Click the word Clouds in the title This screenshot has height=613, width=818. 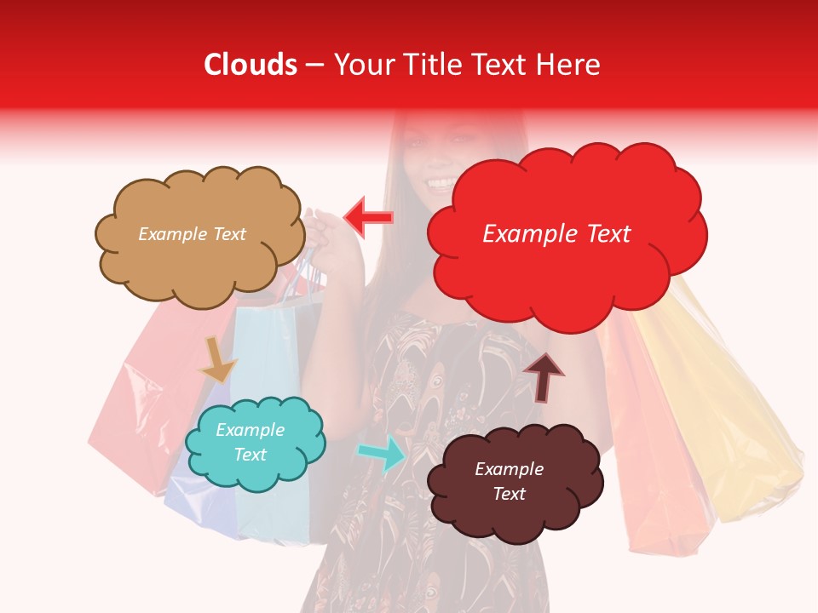(x=251, y=65)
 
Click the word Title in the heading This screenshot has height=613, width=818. (x=429, y=65)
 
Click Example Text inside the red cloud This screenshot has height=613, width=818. (x=556, y=234)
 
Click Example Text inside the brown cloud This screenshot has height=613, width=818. (x=192, y=234)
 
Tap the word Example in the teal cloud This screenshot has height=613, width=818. (x=250, y=430)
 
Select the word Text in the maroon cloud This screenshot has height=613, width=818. (x=509, y=495)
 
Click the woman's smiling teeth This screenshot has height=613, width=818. (x=441, y=183)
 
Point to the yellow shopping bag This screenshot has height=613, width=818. (x=724, y=409)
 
